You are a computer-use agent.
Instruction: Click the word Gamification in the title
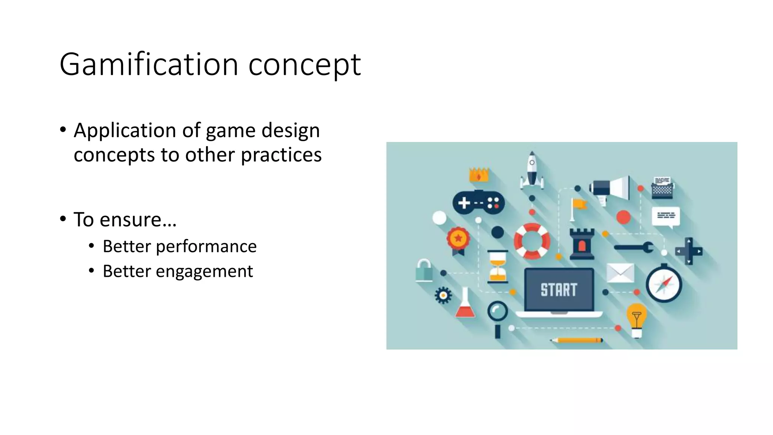149,65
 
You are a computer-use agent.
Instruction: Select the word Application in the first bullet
125,131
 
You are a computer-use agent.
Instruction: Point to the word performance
206,247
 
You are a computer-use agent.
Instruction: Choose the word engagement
204,271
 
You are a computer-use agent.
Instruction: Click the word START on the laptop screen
559,290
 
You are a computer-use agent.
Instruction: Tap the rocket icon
532,171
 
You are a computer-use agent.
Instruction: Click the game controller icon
478,202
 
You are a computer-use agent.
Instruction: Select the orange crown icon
479,175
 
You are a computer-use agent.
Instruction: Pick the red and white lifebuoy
532,241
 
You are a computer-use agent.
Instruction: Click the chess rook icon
582,244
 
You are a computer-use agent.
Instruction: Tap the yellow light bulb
636,319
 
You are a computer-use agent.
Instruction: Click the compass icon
664,284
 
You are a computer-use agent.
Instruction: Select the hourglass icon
497,267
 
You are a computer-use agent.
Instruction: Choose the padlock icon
424,270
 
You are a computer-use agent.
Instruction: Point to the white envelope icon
620,273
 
